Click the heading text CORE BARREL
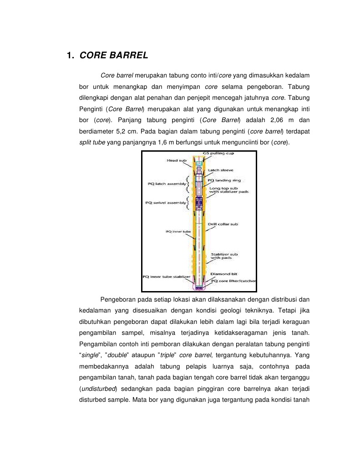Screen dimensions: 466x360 [x=114, y=56]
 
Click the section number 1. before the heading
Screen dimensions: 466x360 [x=70, y=56]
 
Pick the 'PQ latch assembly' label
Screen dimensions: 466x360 [x=167, y=184]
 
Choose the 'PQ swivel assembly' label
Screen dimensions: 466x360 [x=166, y=203]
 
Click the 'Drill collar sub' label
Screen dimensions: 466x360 [x=223, y=224]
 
